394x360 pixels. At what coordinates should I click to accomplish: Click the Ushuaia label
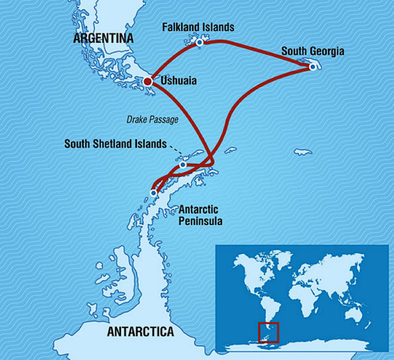point(178,81)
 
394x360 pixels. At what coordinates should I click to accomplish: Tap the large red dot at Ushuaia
point(148,82)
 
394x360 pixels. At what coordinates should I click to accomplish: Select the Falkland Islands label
point(198,27)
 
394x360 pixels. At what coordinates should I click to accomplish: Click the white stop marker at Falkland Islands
point(199,41)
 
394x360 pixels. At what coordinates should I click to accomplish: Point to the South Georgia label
point(313,51)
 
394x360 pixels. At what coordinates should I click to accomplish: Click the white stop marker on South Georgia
point(313,67)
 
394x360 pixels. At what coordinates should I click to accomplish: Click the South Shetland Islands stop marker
point(183,165)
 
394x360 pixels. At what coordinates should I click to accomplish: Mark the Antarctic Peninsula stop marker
point(154,193)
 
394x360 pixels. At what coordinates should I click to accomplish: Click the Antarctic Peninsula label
point(198,215)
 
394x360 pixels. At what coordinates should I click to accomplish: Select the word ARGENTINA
point(103,39)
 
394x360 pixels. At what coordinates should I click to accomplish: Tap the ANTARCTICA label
point(140,332)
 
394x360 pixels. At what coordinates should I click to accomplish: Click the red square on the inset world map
point(268,332)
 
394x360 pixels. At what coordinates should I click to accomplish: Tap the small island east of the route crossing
point(230,149)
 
